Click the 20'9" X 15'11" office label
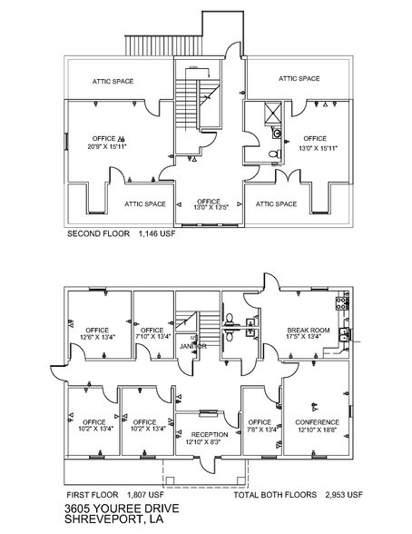[107, 141]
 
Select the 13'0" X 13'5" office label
[209, 204]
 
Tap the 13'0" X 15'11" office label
[316, 142]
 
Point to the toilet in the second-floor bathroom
[273, 154]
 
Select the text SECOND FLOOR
[97, 233]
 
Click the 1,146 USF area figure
[157, 233]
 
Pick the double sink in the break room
[342, 333]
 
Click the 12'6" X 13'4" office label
[96, 333]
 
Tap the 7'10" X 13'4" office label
[152, 333]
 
